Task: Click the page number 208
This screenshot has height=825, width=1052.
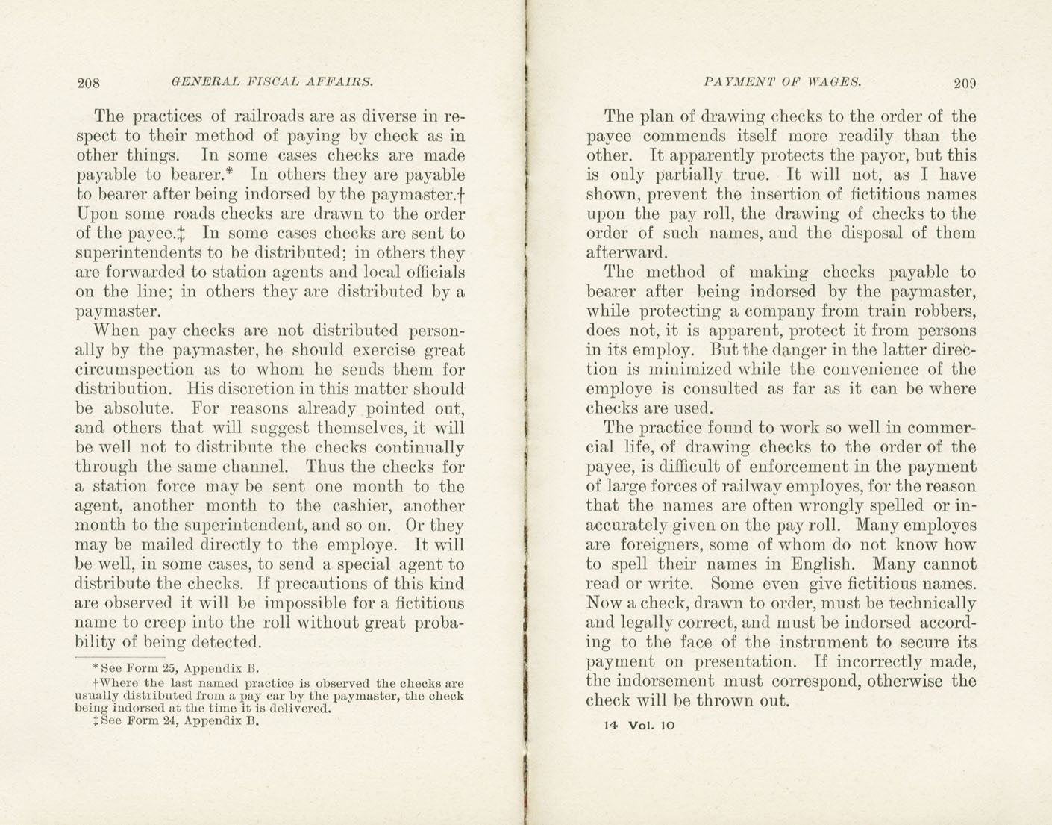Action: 88,83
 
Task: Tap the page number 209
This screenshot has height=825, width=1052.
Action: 965,83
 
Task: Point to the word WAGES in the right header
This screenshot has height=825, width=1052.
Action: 834,82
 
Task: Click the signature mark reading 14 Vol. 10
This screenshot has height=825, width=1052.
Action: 639,725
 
